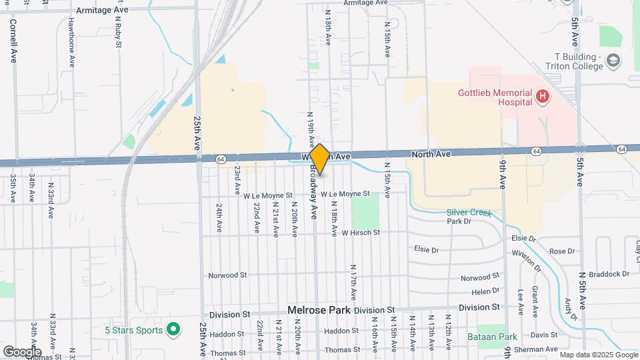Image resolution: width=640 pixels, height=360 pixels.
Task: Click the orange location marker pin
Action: click(x=320, y=159)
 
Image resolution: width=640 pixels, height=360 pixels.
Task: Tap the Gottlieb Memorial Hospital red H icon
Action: click(x=543, y=97)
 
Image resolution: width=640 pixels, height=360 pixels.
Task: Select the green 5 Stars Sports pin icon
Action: click(x=173, y=329)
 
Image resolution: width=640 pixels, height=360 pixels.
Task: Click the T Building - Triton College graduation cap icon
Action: click(x=612, y=62)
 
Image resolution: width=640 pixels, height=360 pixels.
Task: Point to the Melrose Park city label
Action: click(x=319, y=310)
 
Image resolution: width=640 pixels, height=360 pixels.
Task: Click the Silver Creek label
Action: click(x=469, y=213)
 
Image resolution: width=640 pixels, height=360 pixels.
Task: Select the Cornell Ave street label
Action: click(x=13, y=41)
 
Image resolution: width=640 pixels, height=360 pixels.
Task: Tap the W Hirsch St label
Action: click(x=361, y=233)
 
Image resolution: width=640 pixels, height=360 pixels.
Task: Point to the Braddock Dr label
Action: click(x=608, y=273)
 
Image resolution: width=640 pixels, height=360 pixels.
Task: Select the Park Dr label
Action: click(x=459, y=221)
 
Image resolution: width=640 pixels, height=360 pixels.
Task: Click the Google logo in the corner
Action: click(x=22, y=351)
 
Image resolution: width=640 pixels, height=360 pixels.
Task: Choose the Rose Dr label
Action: click(x=561, y=251)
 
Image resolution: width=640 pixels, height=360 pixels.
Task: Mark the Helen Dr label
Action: click(x=485, y=291)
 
